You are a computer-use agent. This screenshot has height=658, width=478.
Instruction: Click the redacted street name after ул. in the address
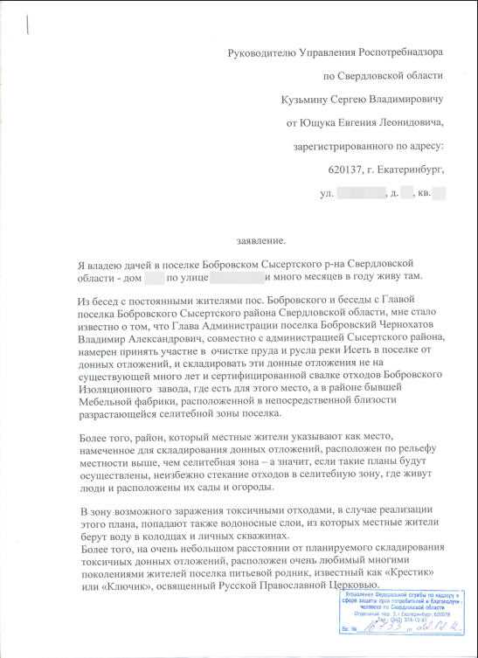click(x=358, y=190)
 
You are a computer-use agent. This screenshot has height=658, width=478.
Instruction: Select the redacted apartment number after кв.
click(x=439, y=190)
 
